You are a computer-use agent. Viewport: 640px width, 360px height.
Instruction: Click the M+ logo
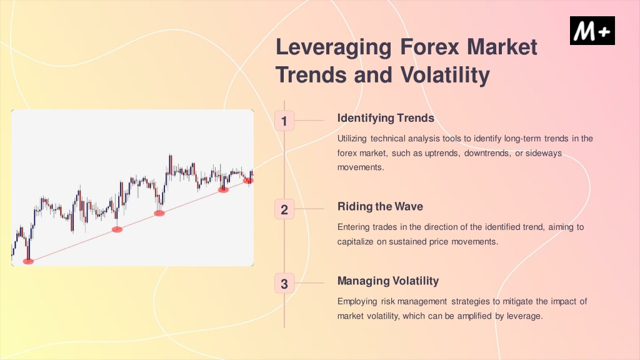[592, 31]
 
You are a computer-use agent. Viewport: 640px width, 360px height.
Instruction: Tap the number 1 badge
[284, 121]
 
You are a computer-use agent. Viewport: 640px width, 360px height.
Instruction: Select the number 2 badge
[284, 209]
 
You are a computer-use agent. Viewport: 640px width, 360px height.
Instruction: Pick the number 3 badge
[284, 284]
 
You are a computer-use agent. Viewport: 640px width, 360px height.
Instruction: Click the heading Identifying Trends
[386, 118]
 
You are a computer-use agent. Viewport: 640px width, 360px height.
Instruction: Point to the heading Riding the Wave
[380, 206]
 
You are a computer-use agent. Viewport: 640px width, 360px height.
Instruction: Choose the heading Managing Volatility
[388, 281]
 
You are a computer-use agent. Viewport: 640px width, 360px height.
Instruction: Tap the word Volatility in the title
[445, 75]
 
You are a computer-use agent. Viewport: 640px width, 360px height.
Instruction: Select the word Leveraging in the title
[334, 47]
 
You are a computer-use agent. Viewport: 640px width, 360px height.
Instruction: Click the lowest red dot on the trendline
[28, 262]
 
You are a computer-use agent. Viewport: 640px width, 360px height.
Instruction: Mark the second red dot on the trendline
[117, 230]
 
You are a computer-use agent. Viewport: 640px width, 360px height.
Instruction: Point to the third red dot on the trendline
[159, 213]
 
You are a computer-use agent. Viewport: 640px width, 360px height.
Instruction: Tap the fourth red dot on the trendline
[223, 189]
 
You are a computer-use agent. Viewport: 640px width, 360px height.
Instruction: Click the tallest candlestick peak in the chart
[170, 155]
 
